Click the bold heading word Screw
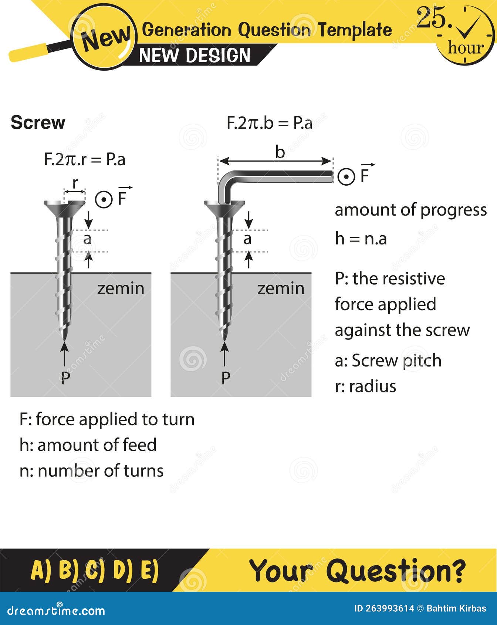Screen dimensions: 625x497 [38, 122]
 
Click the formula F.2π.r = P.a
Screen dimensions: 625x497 [84, 159]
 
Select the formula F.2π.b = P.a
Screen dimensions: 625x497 [269, 123]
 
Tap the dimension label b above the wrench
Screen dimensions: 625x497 [280, 152]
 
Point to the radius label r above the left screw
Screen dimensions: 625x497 [75, 183]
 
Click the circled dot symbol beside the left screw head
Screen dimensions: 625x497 [104, 200]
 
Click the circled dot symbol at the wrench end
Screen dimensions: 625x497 [346, 176]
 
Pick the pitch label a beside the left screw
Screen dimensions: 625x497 [87, 239]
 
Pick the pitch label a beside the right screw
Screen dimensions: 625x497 [247, 239]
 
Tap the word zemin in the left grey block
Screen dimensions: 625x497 [121, 288]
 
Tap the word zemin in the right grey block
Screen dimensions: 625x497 [281, 288]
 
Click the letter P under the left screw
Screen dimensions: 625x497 [65, 377]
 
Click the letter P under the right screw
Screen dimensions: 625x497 [226, 377]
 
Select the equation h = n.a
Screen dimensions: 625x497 [361, 239]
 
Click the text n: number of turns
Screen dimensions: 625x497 [91, 471]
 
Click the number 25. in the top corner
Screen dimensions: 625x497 [433, 18]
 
